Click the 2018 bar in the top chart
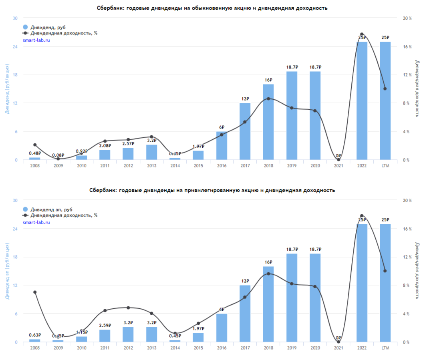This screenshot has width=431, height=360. pyautogui.click(x=268, y=122)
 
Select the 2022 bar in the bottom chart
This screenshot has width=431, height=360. pyautogui.click(x=362, y=283)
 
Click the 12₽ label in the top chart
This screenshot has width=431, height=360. pyautogui.click(x=245, y=99)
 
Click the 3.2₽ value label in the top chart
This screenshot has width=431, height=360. pyautogui.click(x=151, y=141)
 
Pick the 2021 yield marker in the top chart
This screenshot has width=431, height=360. pyautogui.click(x=338, y=160)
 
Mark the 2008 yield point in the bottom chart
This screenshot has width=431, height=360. pyautogui.click(x=35, y=292)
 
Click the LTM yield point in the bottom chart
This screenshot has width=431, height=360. pyautogui.click(x=385, y=271)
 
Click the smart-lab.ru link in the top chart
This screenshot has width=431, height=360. pyautogui.click(x=36, y=40)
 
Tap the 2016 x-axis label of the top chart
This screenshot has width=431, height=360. pyautogui.click(x=222, y=165)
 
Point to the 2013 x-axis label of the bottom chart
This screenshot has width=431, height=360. pyautogui.click(x=151, y=348)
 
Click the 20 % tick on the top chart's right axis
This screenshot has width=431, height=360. pyautogui.click(x=407, y=18)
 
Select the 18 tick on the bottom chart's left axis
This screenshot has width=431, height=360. pyautogui.click(x=15, y=257)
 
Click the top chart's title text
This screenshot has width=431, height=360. pyautogui.click(x=212, y=8)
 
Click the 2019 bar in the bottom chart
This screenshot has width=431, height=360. pyautogui.click(x=292, y=298)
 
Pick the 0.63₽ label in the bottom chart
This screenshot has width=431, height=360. pyautogui.click(x=35, y=335)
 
